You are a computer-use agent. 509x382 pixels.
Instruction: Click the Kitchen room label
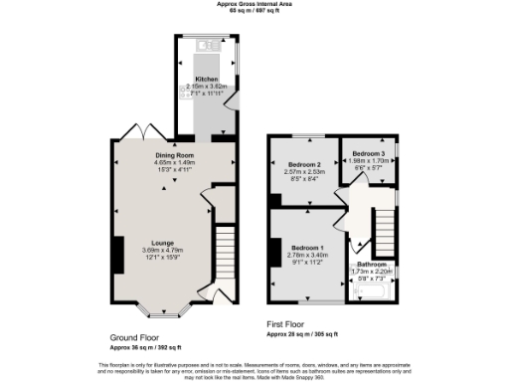(x=206, y=78)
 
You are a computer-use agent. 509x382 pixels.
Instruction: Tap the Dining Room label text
(x=173, y=156)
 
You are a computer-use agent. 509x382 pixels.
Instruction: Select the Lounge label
(x=164, y=242)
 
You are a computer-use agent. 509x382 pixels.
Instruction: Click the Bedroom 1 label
(x=306, y=247)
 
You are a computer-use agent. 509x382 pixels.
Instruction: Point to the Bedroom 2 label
(x=303, y=163)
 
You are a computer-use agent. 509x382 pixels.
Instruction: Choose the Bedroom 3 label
(x=368, y=153)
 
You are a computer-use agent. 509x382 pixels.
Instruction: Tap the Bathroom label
(x=372, y=264)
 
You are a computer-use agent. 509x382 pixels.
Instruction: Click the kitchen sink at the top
(x=209, y=45)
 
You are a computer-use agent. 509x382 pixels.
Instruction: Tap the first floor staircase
(x=382, y=231)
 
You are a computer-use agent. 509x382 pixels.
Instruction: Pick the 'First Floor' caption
(x=287, y=324)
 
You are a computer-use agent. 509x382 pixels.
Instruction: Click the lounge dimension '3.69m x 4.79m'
(x=164, y=251)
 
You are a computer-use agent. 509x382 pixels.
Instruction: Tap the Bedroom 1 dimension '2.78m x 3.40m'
(x=306, y=256)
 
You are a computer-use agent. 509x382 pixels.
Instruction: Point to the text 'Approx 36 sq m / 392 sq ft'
(x=145, y=347)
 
